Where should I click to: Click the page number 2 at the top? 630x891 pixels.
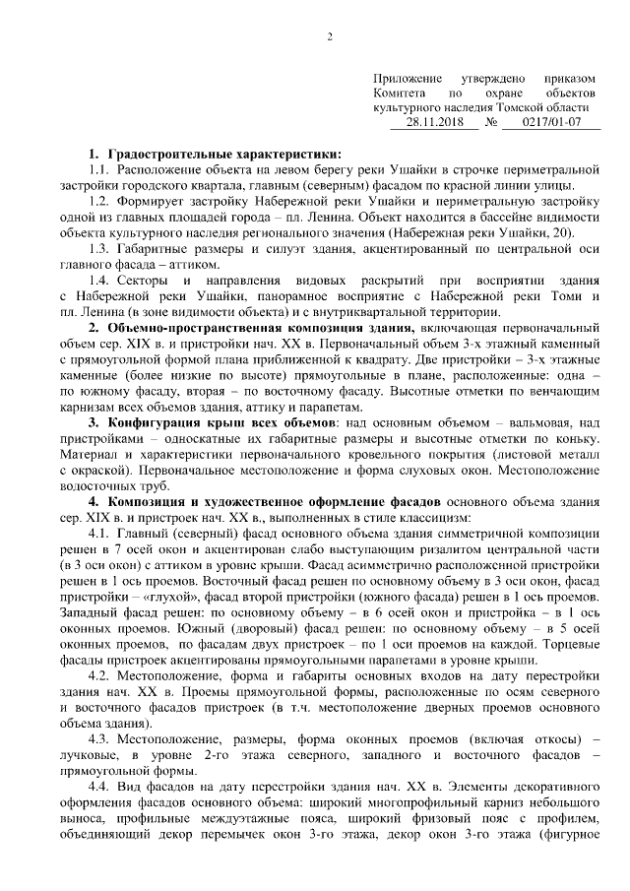click(x=330, y=38)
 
